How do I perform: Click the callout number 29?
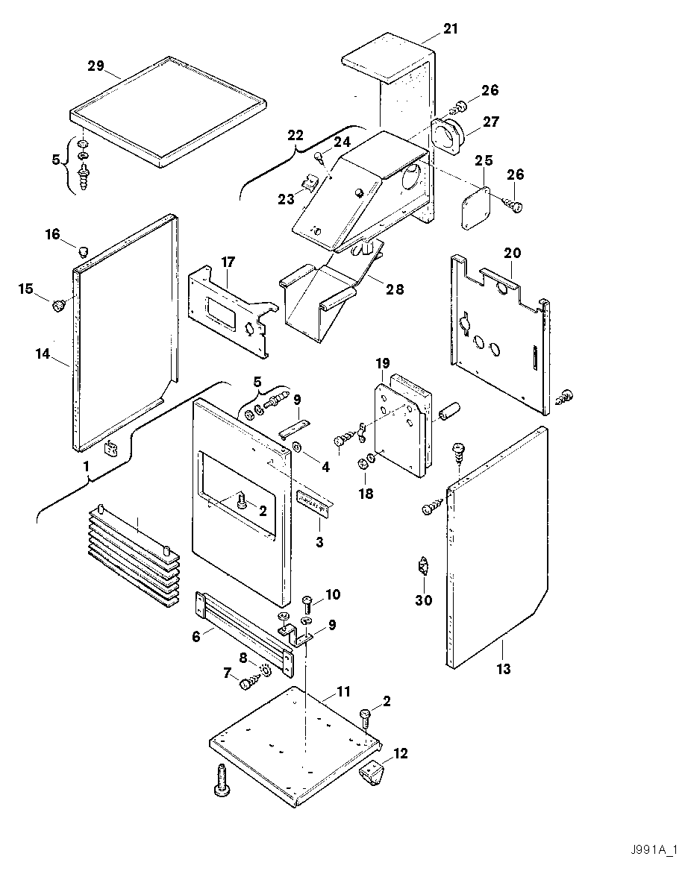click(x=96, y=66)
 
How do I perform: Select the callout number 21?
click(x=451, y=29)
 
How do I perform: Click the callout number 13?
click(x=504, y=669)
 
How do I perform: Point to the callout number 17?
click(x=228, y=262)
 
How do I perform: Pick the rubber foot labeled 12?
click(x=371, y=773)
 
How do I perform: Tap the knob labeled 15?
click(x=57, y=304)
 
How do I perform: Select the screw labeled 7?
click(x=248, y=682)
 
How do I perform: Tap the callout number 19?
click(x=382, y=363)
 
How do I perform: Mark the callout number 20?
click(x=512, y=253)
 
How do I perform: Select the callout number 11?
click(x=342, y=692)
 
